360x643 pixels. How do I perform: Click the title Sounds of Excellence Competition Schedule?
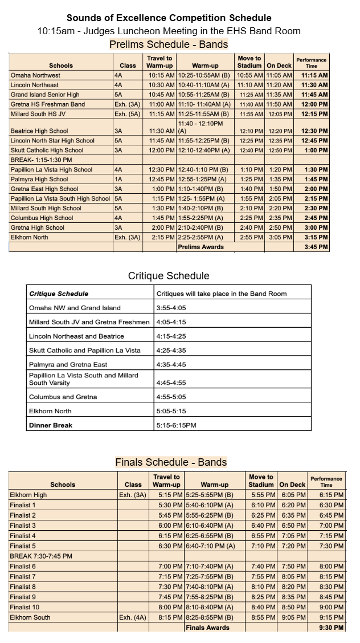169,18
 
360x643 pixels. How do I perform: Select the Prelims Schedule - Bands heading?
169,44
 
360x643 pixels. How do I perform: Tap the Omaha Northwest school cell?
35,75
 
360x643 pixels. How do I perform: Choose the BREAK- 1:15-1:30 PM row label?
42,160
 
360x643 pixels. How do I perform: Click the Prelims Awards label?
201,247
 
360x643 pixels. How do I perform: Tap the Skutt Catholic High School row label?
47,150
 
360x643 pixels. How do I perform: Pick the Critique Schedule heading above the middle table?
169,276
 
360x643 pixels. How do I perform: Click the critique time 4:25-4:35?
171,351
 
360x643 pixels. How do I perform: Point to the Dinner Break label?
51,425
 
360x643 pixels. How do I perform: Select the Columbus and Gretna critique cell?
63,397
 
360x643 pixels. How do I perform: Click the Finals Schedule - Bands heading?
171,462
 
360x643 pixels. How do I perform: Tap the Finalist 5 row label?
23,546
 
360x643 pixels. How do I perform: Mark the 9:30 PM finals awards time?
331,628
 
